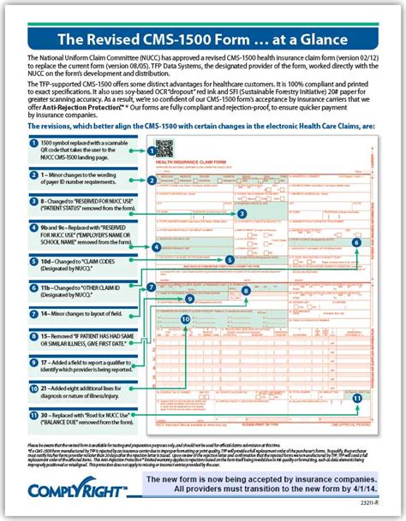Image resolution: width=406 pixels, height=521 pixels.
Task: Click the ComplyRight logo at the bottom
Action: coord(77,490)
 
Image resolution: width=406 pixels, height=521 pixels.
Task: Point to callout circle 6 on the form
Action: coord(357,242)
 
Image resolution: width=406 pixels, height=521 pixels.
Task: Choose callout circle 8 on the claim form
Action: coord(246,291)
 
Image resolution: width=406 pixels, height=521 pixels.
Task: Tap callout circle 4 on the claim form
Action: coord(156,246)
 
